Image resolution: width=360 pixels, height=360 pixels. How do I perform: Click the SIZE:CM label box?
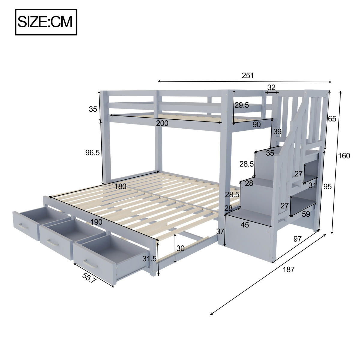point(46,22)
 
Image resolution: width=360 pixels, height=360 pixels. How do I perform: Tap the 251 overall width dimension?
point(248,76)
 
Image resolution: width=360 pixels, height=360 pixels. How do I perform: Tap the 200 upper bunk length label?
point(162,123)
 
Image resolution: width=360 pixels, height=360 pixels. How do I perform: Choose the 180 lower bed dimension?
point(120,186)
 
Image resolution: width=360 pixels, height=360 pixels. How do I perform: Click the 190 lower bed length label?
point(96,222)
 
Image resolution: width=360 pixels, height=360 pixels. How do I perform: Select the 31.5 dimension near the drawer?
point(149,259)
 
